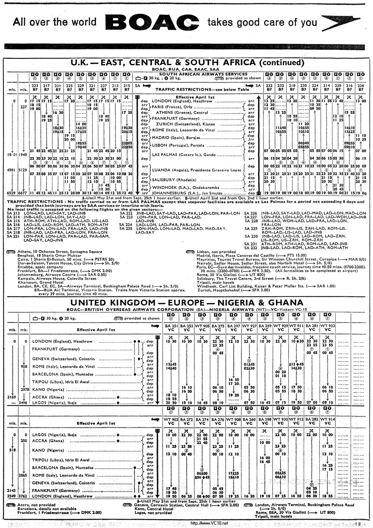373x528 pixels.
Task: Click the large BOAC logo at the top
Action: click(x=152, y=23)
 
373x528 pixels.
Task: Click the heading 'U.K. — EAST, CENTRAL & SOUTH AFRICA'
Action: click(x=187, y=62)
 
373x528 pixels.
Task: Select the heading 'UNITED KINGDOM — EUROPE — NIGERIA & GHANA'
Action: click(x=186, y=302)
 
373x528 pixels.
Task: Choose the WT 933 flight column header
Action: click(x=327, y=328)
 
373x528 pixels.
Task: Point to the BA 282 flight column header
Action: click(x=312, y=421)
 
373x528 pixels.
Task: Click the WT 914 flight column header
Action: click(x=327, y=421)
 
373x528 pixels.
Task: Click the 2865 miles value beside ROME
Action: click(x=24, y=475)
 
